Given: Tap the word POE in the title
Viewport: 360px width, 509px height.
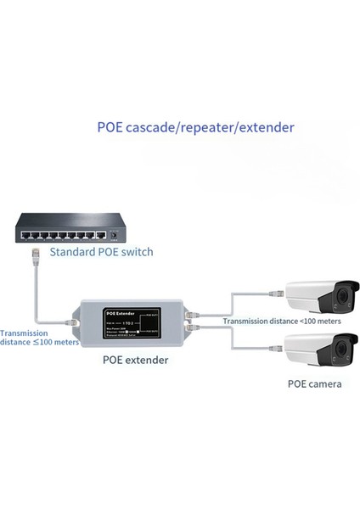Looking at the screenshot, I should pyautogui.click(x=111, y=127).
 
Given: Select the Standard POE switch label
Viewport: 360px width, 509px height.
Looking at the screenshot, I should pyautogui.click(x=102, y=252).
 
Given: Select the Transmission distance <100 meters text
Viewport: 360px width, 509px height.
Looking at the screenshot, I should pyautogui.click(x=282, y=322).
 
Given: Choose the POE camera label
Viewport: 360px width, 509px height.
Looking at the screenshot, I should pyautogui.click(x=314, y=384).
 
